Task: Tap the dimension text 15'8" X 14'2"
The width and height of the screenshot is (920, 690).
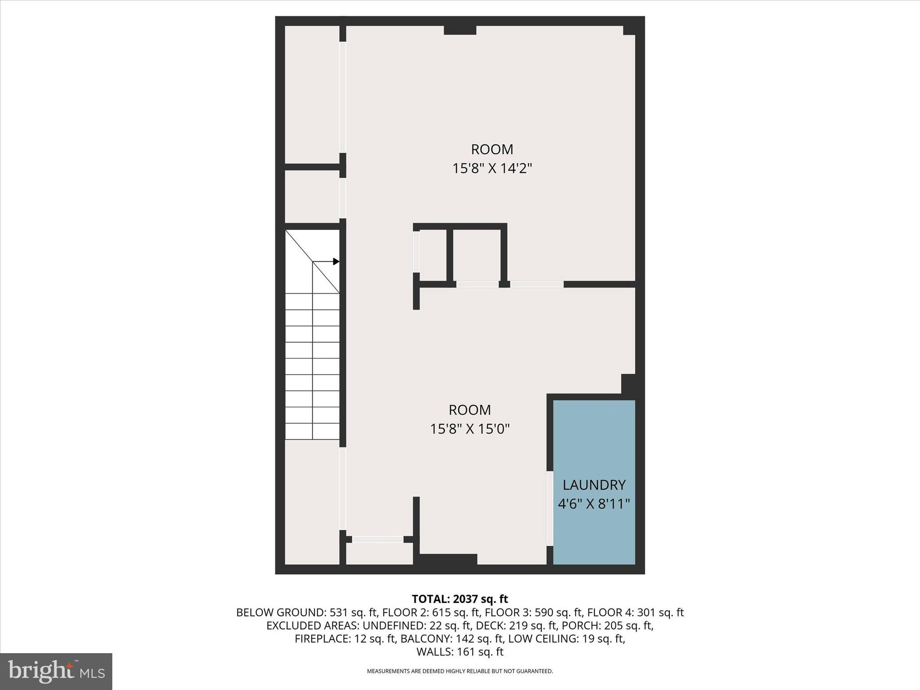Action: (492, 168)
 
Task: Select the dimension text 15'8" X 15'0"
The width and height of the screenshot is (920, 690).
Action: (470, 429)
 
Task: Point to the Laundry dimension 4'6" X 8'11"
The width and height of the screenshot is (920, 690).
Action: (594, 504)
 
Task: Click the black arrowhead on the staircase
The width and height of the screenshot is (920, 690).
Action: (336, 261)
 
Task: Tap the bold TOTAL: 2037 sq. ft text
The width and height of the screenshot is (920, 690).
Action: (460, 599)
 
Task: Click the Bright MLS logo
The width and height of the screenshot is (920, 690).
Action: (56, 671)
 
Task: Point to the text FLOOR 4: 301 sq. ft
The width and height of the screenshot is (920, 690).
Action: (635, 612)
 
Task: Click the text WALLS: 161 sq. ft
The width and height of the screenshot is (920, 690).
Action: (460, 652)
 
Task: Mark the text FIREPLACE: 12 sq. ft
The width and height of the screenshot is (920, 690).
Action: (345, 639)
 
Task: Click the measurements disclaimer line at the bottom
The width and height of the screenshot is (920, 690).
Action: (460, 671)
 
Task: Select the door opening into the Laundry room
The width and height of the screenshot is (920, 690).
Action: (549, 508)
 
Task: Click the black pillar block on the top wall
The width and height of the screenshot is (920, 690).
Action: (460, 30)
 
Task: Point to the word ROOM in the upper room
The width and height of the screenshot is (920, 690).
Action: (492, 149)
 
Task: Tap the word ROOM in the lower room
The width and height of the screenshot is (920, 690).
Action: (470, 410)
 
